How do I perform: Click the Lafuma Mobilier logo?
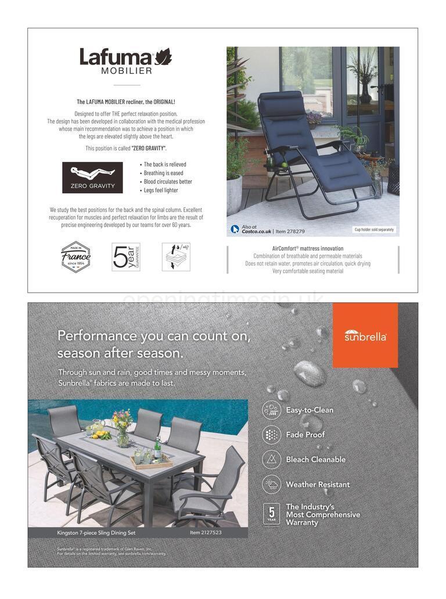[x=125, y=60]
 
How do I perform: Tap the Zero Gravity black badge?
[x=92, y=178]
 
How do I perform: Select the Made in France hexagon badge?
[x=76, y=257]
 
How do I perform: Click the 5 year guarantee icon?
[x=126, y=257]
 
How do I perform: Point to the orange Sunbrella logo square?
[x=365, y=335]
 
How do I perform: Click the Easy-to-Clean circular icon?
[x=271, y=410]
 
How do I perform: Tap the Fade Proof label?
[x=305, y=435]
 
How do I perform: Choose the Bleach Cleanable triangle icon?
[x=271, y=459]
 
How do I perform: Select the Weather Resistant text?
[x=318, y=484]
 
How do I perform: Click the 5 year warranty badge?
[x=271, y=514]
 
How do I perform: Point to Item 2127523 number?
[x=206, y=532]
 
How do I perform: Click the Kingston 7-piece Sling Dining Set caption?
[x=96, y=532]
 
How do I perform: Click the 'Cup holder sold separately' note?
[x=374, y=229]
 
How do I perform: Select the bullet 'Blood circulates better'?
[x=168, y=182]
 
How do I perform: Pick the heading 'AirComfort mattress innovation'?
[x=308, y=248]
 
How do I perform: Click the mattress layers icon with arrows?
[x=176, y=257]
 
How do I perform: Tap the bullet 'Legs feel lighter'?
[x=161, y=190]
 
